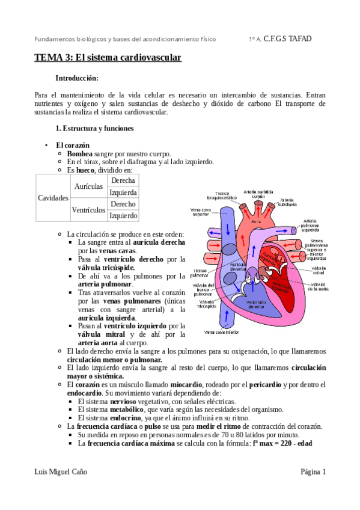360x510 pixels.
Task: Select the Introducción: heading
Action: coord(76,78)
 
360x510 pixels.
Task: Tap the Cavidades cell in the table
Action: coord(53,198)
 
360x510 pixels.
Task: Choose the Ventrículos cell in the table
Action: coord(88,210)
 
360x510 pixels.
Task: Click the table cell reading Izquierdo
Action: coord(123,216)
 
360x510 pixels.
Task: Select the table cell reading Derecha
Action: coord(123,180)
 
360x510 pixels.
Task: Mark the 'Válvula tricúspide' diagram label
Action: coord(204,303)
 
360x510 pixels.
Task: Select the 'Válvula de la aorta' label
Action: coord(319,286)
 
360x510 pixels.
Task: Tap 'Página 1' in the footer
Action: coord(313,472)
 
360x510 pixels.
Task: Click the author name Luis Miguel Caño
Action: coord(61,472)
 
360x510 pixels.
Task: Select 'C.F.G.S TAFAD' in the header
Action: coord(288,39)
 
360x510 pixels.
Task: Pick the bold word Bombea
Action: coord(80,154)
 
